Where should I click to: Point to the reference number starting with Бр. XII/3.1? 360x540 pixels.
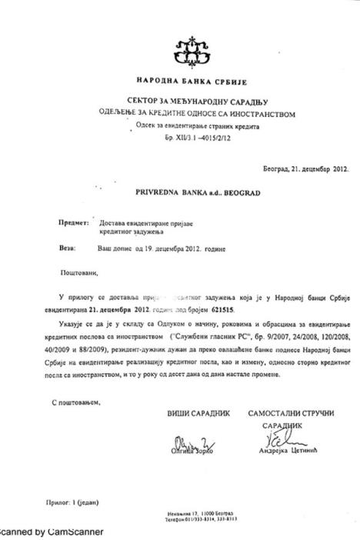[191, 134]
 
